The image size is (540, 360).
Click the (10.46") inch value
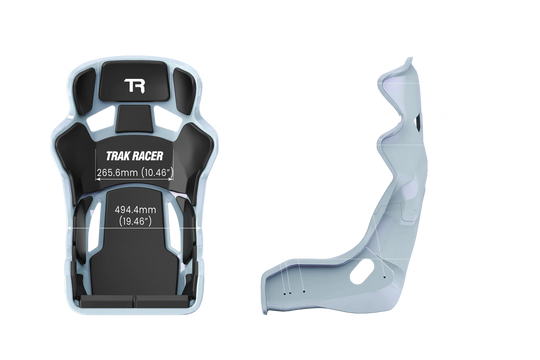pos(158,172)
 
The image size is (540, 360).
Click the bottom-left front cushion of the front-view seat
pos(105,297)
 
